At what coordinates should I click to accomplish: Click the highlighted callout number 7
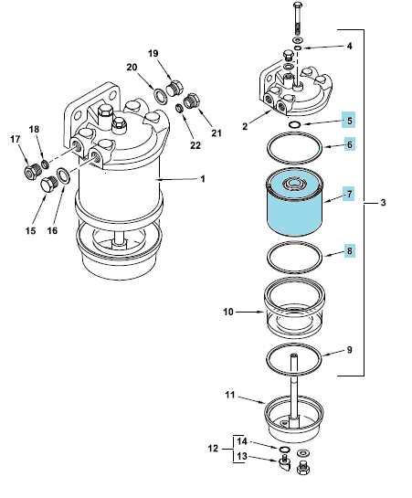point(349,194)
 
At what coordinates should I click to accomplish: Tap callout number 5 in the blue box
point(349,121)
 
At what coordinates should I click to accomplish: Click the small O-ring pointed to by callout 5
point(295,124)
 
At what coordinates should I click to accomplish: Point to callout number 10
point(228,312)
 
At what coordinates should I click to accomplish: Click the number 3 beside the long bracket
point(383,202)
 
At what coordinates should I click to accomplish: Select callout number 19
point(153,53)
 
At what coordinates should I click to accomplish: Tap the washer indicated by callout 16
point(63,176)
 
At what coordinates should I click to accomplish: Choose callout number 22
point(195,145)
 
